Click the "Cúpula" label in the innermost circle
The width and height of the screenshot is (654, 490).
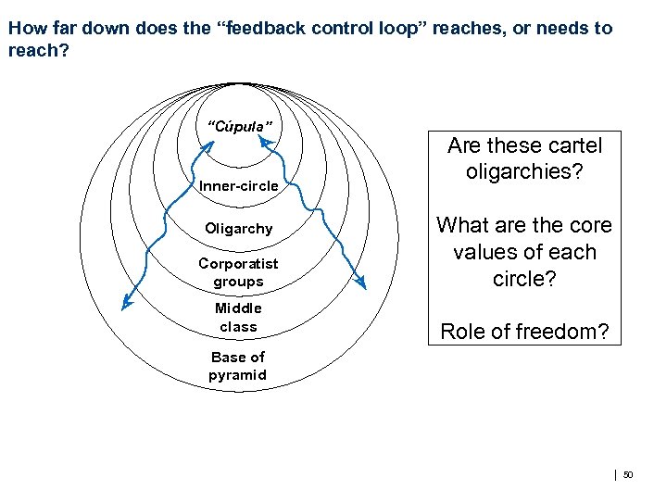(238, 125)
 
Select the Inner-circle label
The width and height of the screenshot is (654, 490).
(238, 186)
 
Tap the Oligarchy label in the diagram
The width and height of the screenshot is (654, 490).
(238, 229)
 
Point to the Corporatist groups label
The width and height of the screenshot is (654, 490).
(238, 272)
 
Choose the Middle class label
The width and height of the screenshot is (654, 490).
(238, 317)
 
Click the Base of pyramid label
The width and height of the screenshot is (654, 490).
(237, 366)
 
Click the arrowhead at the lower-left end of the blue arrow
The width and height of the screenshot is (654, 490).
(126, 302)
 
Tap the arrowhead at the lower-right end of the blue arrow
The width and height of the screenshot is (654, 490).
(362, 283)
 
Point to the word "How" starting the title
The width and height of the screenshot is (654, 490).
(25, 28)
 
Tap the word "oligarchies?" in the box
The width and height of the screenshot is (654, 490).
(524, 171)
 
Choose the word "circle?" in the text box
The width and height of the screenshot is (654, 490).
(524, 279)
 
